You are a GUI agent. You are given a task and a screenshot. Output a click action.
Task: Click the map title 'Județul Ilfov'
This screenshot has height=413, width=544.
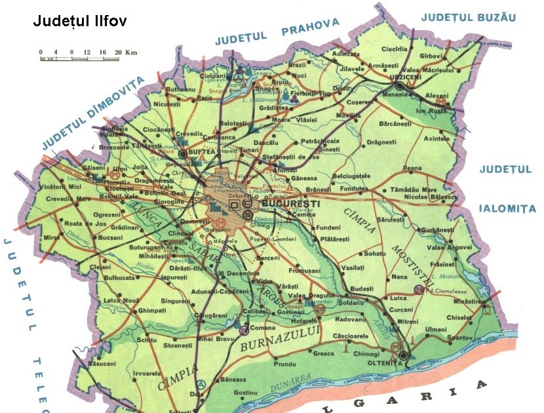click(x=79, y=21)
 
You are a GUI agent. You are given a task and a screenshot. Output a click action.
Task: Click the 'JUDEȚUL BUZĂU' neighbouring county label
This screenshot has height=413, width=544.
click(x=469, y=17)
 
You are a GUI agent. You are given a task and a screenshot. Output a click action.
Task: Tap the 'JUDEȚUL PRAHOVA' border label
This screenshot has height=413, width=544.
click(x=279, y=32)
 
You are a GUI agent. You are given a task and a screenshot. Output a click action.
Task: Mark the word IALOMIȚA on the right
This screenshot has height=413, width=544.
click(x=507, y=209)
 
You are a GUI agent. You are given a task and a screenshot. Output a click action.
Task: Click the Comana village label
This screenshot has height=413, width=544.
click(x=262, y=326)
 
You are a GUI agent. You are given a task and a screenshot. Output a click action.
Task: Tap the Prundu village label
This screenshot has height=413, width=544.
click(x=284, y=363)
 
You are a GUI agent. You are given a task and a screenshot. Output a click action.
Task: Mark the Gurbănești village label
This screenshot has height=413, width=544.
click(x=437, y=230)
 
